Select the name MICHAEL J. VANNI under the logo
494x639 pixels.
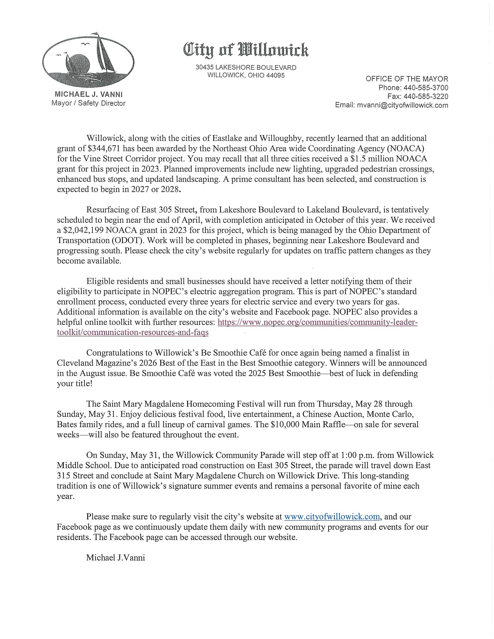click(x=88, y=94)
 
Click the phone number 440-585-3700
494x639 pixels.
click(x=425, y=88)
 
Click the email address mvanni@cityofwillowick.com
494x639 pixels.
click(x=402, y=105)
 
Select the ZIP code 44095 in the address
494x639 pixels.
click(x=275, y=75)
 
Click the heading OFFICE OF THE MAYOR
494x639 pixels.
click(x=407, y=79)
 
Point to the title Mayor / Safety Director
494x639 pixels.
click(x=88, y=103)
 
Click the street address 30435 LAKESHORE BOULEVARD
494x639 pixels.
click(x=246, y=68)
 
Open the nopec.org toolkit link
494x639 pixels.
click(x=318, y=322)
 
